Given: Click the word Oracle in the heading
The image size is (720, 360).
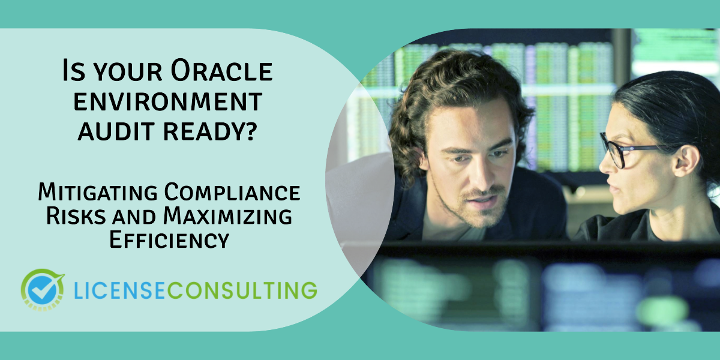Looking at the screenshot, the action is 221,70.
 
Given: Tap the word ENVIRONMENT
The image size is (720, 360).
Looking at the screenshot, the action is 168,102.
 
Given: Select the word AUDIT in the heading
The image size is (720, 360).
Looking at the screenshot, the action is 116,131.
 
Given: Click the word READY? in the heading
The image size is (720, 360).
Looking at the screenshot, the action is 211,131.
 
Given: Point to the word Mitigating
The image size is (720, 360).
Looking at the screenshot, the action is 98,192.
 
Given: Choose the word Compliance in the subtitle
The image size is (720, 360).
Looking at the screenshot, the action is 232,192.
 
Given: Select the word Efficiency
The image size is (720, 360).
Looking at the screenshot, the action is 169,239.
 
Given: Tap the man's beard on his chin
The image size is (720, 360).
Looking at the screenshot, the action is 482,214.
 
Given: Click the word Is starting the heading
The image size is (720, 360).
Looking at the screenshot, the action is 74,70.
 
